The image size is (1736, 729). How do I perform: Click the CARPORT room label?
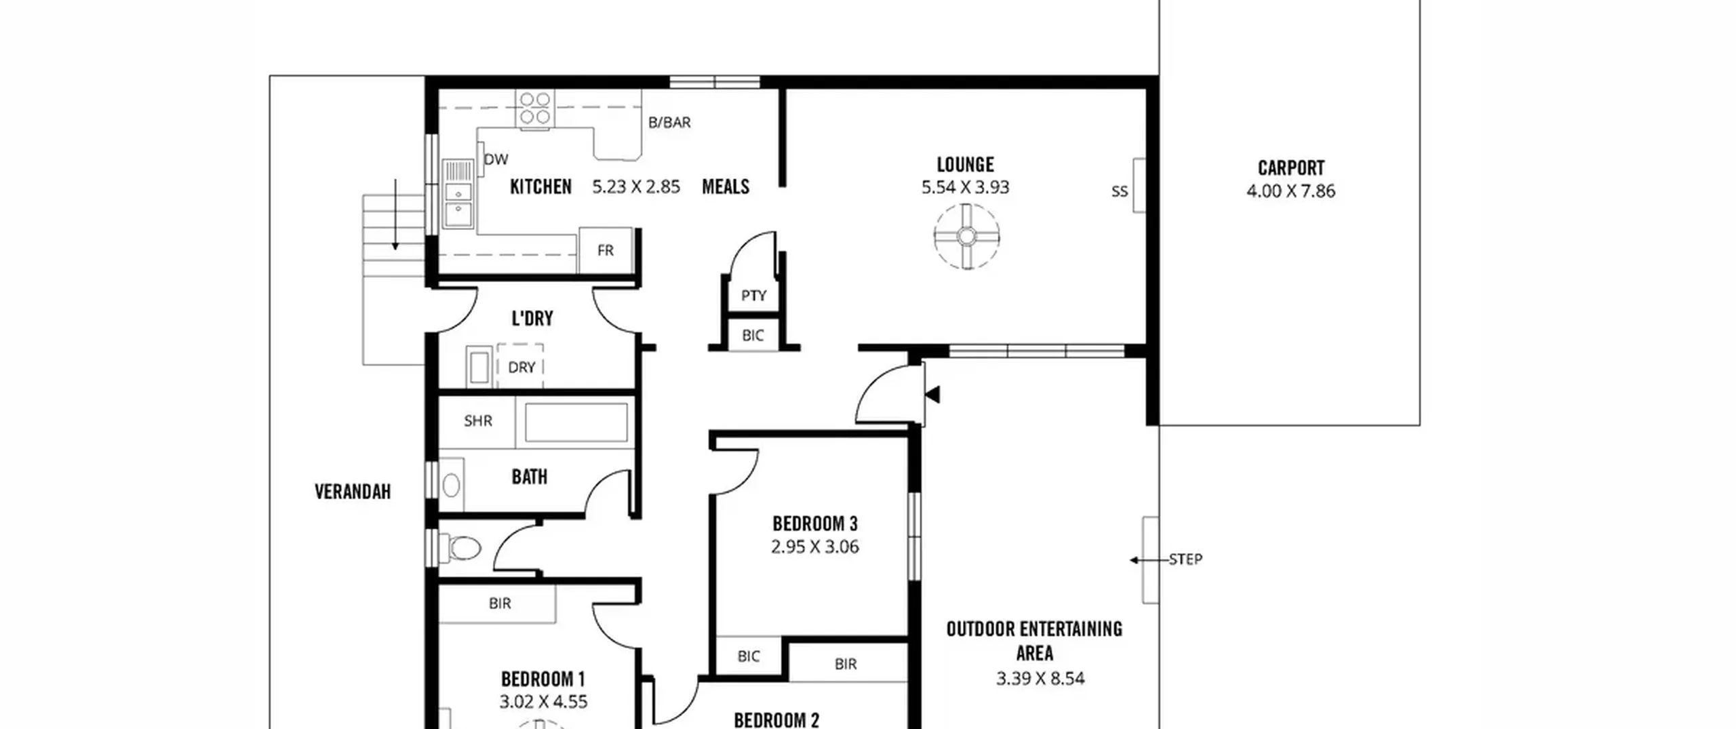(x=1290, y=168)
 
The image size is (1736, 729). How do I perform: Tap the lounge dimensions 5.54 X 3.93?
(x=965, y=187)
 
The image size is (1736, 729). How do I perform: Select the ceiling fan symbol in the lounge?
(x=966, y=237)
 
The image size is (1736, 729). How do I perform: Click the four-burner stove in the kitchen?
(x=535, y=109)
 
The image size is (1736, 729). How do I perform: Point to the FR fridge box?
(x=606, y=250)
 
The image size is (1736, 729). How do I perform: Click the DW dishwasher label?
(x=496, y=159)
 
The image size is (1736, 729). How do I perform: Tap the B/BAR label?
(x=669, y=123)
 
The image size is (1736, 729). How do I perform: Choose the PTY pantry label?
(x=753, y=296)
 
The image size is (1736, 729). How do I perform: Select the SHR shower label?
(x=478, y=421)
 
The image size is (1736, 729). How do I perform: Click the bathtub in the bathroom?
(x=576, y=422)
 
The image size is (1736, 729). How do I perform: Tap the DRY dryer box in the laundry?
(x=521, y=366)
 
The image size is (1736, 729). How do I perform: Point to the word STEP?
(x=1186, y=559)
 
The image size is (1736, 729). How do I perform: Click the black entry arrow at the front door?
(x=932, y=394)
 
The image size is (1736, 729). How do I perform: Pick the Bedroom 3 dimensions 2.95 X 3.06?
(x=815, y=547)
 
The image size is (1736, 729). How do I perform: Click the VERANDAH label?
(x=353, y=492)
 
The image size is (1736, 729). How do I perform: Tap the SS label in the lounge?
(x=1120, y=192)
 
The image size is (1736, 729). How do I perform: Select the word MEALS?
(x=726, y=186)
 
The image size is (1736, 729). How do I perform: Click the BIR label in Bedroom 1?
(x=500, y=603)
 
